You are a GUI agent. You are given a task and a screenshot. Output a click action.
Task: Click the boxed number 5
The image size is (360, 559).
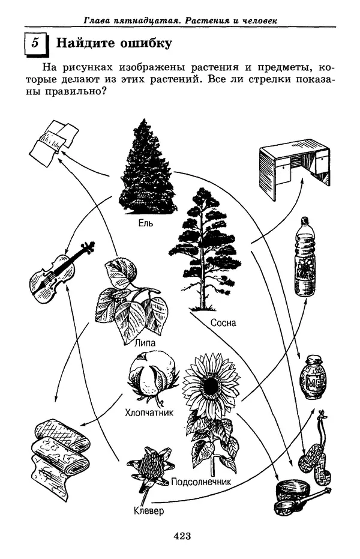click(x=35, y=43)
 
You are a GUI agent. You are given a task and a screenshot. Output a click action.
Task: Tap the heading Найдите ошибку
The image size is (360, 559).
click(x=113, y=43)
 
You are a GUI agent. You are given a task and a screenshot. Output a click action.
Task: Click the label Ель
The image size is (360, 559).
click(x=146, y=223)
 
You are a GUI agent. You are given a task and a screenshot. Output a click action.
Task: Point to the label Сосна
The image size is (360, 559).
click(x=223, y=323)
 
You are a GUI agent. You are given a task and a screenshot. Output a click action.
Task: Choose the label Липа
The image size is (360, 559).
click(x=145, y=343)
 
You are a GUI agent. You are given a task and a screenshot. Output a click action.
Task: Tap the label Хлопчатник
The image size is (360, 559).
click(x=149, y=412)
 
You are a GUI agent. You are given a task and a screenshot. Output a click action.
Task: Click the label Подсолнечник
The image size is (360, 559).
click(x=201, y=482)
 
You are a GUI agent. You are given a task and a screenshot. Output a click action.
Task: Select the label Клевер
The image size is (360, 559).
click(x=149, y=512)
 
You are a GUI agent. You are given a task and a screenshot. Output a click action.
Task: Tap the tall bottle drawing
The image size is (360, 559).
click(x=304, y=258)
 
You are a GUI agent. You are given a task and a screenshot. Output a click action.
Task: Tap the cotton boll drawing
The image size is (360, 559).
click(x=154, y=375)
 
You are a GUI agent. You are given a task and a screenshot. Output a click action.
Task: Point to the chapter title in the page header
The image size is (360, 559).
click(x=180, y=21)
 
